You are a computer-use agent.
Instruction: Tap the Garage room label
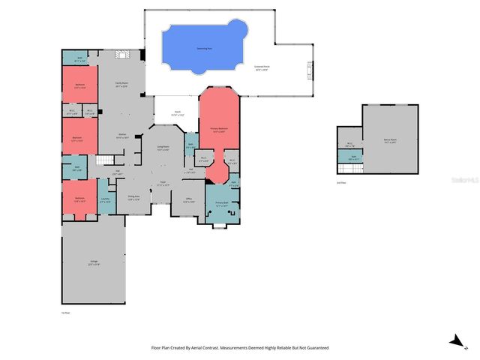tap(94, 262)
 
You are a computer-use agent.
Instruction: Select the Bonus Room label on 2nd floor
tap(390, 140)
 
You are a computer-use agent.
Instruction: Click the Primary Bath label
tap(222, 204)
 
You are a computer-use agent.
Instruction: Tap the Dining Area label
tap(133, 199)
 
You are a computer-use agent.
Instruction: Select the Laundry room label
tap(106, 199)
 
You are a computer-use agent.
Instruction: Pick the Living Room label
tap(163, 148)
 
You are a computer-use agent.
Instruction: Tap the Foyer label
tap(162, 183)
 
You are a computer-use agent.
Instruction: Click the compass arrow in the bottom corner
tap(454, 342)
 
